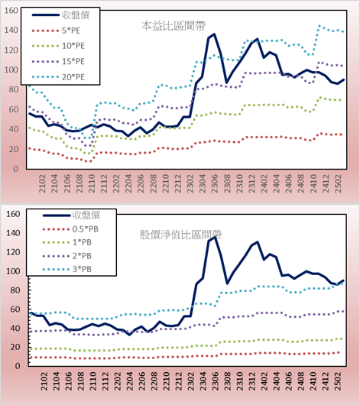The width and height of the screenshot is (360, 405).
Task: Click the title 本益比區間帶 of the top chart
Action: point(174,26)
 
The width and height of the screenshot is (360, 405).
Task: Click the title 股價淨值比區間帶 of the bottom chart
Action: point(181,235)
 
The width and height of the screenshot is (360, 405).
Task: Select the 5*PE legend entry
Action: point(56,31)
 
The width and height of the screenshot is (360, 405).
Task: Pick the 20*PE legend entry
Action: point(58,77)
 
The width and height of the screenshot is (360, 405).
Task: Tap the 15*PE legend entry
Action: point(58,61)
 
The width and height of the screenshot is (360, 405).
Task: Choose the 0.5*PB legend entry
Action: point(70,229)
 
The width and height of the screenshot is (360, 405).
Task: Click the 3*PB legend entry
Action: point(67,269)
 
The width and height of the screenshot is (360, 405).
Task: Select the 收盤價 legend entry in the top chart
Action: point(60,15)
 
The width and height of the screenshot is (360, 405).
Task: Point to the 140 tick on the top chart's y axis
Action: point(11,31)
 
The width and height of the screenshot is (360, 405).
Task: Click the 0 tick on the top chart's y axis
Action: point(15,169)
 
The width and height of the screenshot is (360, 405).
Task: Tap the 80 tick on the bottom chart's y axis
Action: point(15,290)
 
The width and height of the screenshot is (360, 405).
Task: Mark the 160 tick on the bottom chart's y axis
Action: point(13,214)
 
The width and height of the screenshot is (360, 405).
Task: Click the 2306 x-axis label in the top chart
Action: point(215,183)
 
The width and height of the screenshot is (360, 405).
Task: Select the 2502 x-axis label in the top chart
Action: point(338,183)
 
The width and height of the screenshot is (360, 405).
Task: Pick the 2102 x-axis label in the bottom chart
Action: point(44,381)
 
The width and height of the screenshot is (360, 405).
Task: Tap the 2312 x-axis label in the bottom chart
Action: point(252,381)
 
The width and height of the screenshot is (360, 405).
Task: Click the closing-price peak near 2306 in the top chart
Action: point(214,34)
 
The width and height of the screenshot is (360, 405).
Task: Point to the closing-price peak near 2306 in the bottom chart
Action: point(215,237)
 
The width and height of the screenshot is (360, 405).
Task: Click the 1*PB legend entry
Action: point(67,242)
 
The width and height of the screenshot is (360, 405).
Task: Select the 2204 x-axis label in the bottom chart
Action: point(129,381)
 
